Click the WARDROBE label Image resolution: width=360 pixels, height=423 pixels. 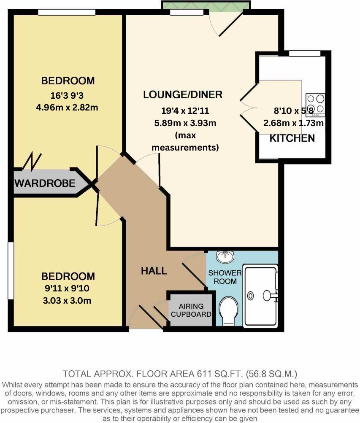[x=45, y=183]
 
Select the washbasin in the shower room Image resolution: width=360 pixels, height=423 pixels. [x=225, y=256]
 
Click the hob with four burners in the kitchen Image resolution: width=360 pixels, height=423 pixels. [x=316, y=104]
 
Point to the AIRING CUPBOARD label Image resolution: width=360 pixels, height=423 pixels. [x=191, y=310]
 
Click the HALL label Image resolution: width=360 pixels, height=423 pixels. [x=154, y=271]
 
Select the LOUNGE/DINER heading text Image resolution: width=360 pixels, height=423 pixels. [x=182, y=94]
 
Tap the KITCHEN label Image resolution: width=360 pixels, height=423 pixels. [x=292, y=138]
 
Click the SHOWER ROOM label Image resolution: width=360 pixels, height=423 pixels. [x=225, y=277]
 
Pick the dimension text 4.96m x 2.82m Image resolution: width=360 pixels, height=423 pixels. [x=67, y=107]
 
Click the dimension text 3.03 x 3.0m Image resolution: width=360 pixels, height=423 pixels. [x=67, y=301]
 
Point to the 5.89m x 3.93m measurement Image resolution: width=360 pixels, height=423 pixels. [x=184, y=123]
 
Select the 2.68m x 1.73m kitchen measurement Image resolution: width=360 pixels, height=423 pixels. [x=294, y=123]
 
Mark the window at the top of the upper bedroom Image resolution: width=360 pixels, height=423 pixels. [x=66, y=13]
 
